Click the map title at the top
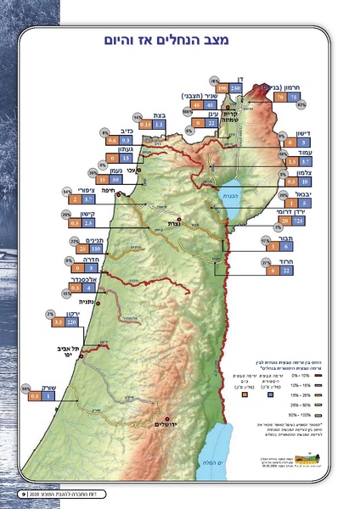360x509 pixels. (179, 40)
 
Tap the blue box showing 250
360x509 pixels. (237, 87)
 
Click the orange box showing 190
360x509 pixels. (222, 87)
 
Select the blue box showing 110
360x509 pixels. (96, 249)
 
